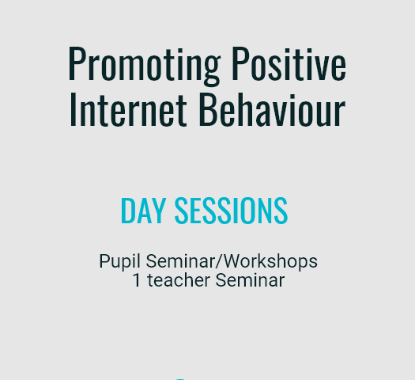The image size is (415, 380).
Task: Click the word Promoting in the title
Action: pyautogui.click(x=144, y=66)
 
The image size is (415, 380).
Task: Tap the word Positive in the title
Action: pyautogui.click(x=289, y=63)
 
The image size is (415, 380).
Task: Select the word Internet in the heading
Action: pyautogui.click(x=128, y=109)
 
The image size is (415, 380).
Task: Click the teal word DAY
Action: pyautogui.click(x=143, y=211)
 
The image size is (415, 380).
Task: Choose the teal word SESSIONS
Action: pyautogui.click(x=231, y=211)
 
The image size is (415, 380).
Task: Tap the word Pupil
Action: pyautogui.click(x=119, y=262)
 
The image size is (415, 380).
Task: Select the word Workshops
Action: pyautogui.click(x=271, y=261)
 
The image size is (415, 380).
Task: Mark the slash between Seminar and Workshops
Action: pyautogui.click(x=220, y=261)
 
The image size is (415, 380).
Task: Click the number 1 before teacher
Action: pyautogui.click(x=137, y=280)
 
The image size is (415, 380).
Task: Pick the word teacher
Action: pyautogui.click(x=179, y=280)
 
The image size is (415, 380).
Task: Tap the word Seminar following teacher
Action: pyautogui.click(x=250, y=280)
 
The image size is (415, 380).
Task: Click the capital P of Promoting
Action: pyautogui.click(x=76, y=63)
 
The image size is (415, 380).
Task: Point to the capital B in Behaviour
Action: pyautogui.click(x=208, y=109)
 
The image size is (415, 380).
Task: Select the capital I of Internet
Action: pyautogui.click(x=73, y=109)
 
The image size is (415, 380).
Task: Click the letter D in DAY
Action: pyautogui.click(x=128, y=211)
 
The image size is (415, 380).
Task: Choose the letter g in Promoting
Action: pyautogui.click(x=212, y=70)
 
